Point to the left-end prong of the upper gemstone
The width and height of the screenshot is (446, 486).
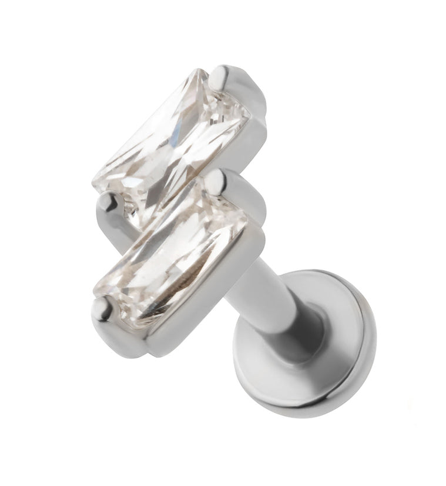point(108,203)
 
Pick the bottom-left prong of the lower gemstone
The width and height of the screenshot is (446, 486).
point(105,307)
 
